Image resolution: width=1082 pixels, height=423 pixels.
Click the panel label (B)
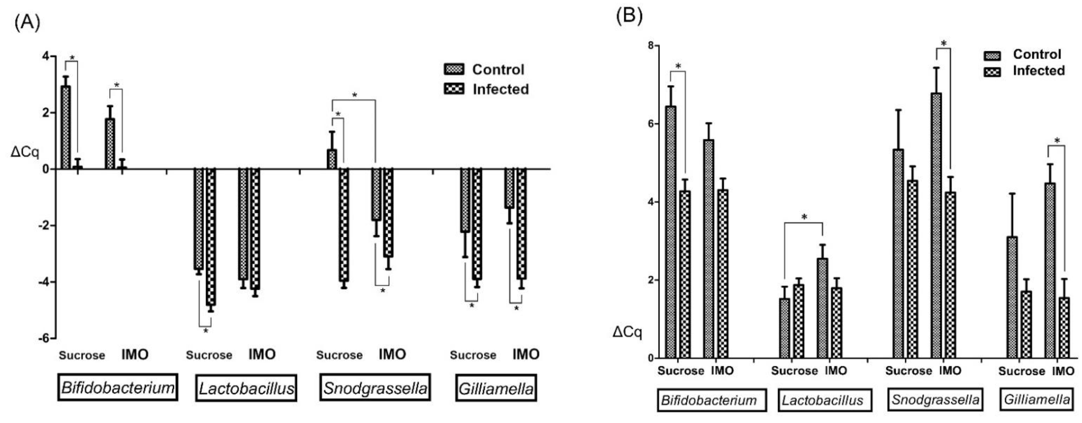pyautogui.click(x=629, y=16)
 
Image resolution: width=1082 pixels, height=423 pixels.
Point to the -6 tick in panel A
pyautogui.click(x=44, y=338)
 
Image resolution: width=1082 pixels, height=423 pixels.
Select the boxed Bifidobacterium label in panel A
pyautogui.click(x=118, y=387)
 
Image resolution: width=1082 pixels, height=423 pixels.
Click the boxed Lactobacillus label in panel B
pyautogui.click(x=822, y=400)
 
